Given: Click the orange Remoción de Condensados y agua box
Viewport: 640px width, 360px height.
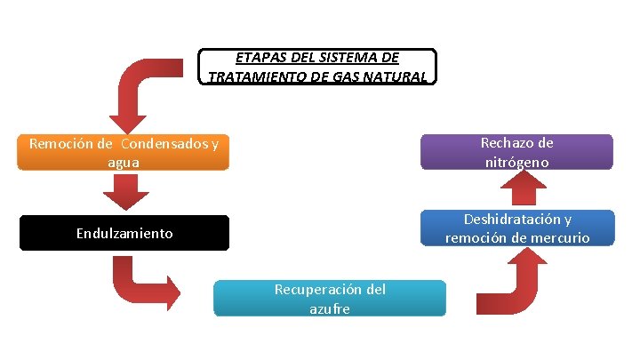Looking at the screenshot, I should [x=124, y=152].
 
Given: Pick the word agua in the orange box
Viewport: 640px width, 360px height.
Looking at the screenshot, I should [x=124, y=162].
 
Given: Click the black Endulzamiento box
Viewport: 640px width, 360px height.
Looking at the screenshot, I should [x=124, y=233].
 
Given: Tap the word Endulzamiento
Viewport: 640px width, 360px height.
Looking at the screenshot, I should [x=124, y=234].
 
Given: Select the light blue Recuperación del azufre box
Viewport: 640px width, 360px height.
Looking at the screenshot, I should [x=330, y=299].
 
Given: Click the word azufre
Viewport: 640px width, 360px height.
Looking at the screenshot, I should [x=330, y=308].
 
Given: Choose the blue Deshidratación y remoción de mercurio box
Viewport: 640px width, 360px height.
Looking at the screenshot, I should [x=516, y=228].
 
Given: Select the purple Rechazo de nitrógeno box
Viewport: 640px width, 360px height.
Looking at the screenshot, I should [x=516, y=152].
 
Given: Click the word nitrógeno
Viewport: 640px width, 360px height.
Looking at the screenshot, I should [x=516, y=162].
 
